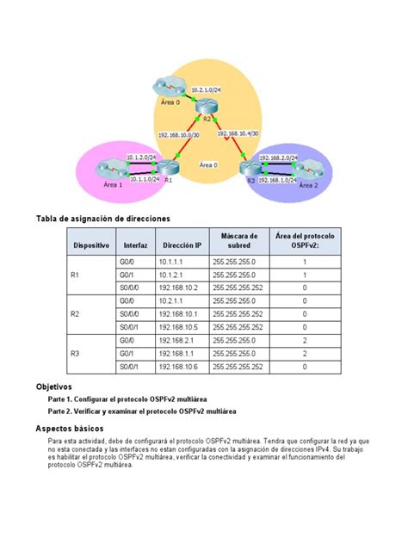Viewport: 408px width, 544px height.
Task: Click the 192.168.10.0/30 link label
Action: [x=176, y=133]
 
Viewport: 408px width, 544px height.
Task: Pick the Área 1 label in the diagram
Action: [x=113, y=184]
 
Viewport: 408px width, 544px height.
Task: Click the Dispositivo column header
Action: [x=91, y=245]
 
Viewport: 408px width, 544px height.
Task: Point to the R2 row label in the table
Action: [x=75, y=314]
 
